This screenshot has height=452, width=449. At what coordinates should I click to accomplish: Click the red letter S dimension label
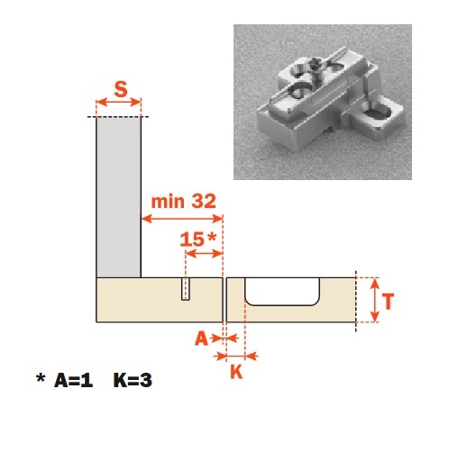tap(121, 89)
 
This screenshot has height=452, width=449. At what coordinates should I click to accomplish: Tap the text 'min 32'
tap(183, 202)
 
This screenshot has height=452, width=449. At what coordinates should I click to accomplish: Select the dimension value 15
tap(192, 240)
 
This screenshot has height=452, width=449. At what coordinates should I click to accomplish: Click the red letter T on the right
tap(388, 302)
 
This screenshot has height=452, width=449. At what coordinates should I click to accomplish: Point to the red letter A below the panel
tap(201, 339)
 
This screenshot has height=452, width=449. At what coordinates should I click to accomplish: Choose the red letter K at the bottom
tap(236, 372)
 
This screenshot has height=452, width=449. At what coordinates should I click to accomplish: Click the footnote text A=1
tap(73, 380)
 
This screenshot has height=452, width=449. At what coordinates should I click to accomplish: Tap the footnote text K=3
tap(133, 380)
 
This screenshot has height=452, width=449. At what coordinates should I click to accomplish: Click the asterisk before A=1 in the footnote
tap(41, 378)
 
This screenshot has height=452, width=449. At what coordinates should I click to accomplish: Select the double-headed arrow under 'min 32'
tap(182, 219)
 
